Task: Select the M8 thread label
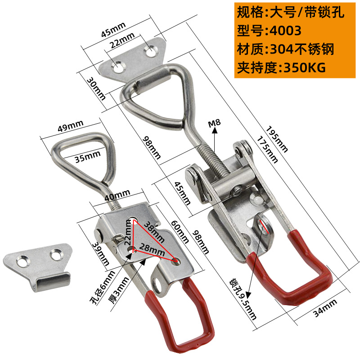click(x=215, y=123)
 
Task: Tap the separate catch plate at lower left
click(x=36, y=265)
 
